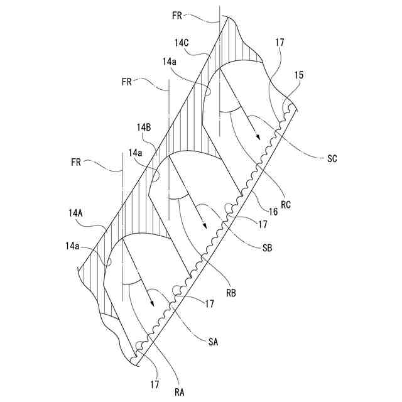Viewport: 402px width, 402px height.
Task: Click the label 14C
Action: pos(182,43)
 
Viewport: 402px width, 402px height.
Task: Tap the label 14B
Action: pos(143,128)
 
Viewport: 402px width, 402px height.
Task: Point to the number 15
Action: pos(298,75)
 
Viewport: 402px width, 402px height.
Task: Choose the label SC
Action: pos(332,159)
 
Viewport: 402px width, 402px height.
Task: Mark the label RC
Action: pos(286,204)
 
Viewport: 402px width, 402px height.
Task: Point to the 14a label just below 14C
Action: pos(169,62)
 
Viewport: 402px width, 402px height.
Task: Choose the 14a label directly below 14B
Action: pos(135,153)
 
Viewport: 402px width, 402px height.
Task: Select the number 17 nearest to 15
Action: pos(279,43)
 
